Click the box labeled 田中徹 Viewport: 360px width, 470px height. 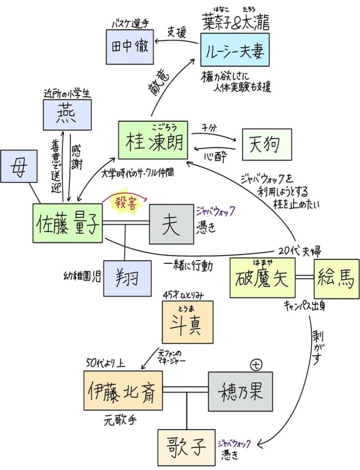[130, 47]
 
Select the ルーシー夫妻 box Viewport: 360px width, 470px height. [234, 49]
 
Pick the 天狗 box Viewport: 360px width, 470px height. [267, 144]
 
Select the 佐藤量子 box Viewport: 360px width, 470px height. [67, 223]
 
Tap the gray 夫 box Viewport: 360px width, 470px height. [171, 224]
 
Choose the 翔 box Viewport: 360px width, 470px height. [127, 278]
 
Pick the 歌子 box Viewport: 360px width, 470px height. [186, 448]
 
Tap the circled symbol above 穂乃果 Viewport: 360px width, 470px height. [255, 364]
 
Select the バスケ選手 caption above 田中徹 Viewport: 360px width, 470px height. [130, 24]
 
